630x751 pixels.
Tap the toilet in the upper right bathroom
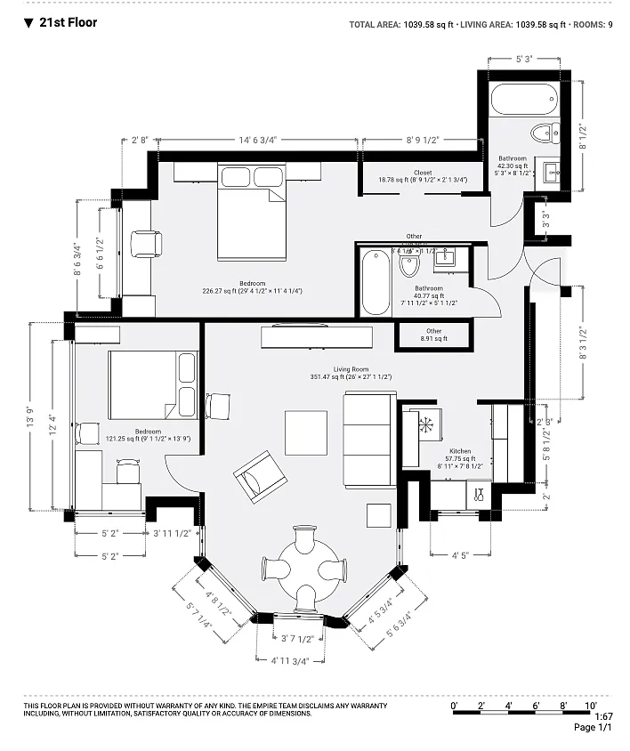tap(541, 133)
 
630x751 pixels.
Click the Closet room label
tap(423, 173)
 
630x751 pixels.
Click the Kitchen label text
tap(460, 451)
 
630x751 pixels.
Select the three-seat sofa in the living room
tap(368, 439)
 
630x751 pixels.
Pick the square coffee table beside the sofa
tap(305, 432)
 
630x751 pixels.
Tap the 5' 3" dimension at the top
tap(524, 60)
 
